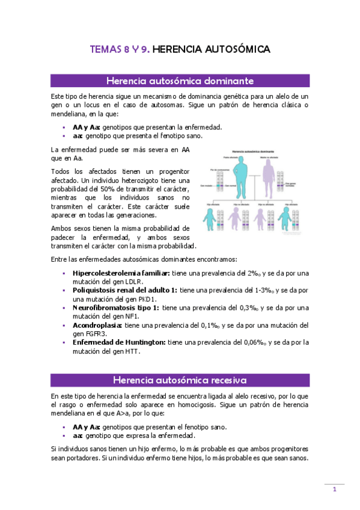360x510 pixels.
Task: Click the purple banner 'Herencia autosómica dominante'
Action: [180, 81]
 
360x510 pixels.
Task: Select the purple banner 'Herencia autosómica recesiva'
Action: [180, 380]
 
